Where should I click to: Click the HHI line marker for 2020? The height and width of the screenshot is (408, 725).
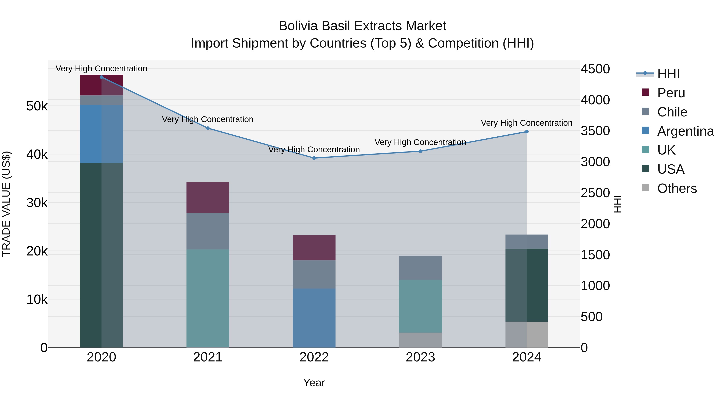102,77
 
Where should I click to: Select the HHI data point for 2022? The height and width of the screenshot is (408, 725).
314,158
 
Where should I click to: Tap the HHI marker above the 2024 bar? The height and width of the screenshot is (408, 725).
527,132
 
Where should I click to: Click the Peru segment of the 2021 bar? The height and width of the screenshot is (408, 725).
208,197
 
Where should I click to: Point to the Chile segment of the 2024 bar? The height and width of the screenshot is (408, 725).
527,242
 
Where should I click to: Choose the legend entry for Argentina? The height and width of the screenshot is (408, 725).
685,131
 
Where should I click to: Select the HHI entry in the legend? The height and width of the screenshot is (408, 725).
668,74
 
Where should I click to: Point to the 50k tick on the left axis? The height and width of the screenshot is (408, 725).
37,106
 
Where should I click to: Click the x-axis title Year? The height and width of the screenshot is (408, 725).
314,383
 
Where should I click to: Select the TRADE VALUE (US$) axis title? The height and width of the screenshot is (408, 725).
6,204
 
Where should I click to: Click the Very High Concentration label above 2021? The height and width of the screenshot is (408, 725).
208,119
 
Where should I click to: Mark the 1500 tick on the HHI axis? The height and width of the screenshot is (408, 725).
595,255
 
